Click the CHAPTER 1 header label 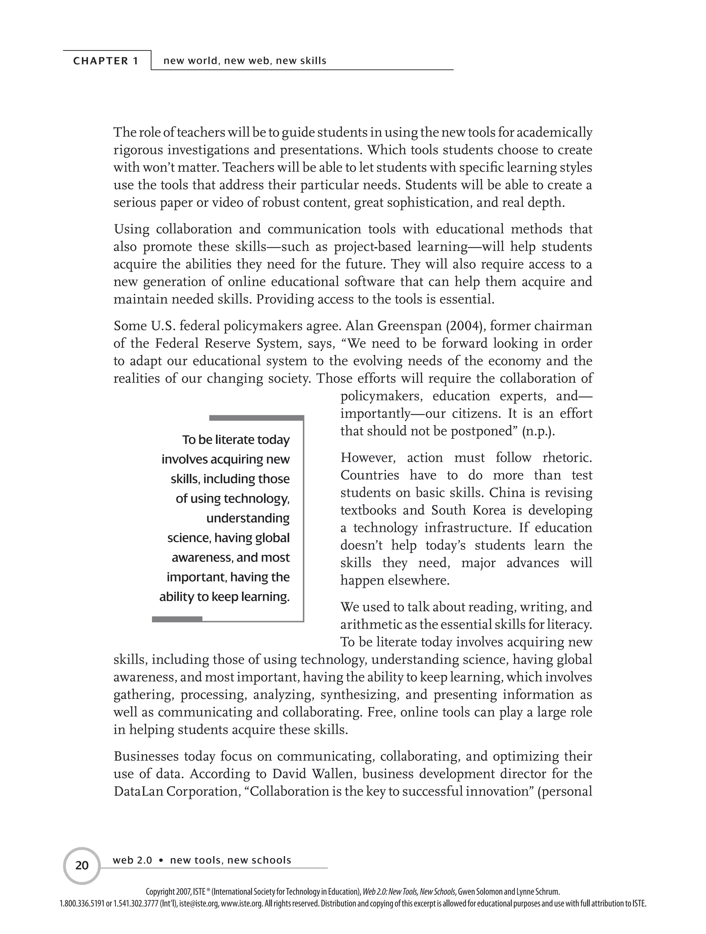coord(106,61)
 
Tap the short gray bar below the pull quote coord(177,619)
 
